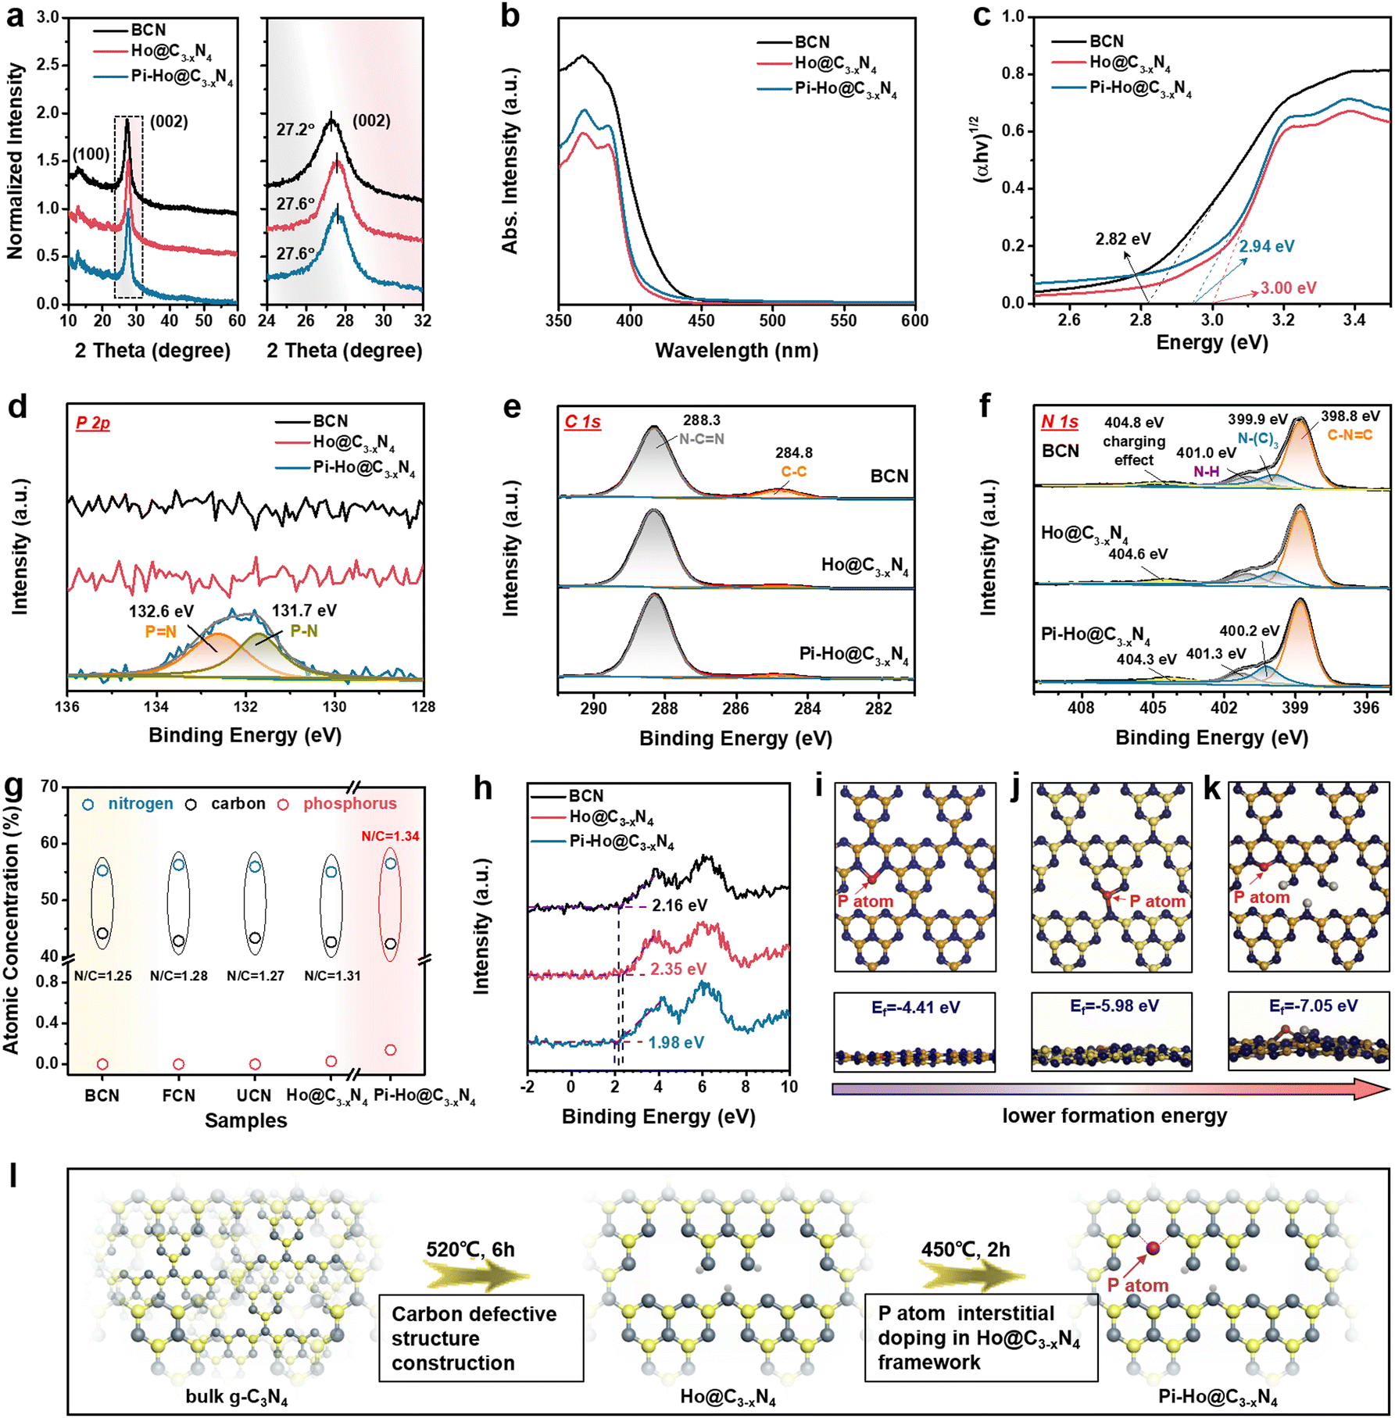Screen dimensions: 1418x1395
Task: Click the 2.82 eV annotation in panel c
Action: [1122, 239]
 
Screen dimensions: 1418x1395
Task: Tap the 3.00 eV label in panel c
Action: [1288, 288]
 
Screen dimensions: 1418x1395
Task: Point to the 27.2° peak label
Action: [295, 130]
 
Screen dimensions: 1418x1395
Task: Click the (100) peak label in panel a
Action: [91, 154]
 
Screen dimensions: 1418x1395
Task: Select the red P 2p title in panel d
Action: [92, 423]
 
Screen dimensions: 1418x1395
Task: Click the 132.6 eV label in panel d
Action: [161, 612]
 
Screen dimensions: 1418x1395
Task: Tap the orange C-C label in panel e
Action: [793, 472]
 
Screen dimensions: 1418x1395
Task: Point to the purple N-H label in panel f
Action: [1206, 472]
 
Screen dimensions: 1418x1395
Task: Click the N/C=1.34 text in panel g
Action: [390, 836]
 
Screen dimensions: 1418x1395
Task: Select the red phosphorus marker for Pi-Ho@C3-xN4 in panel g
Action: [391, 1050]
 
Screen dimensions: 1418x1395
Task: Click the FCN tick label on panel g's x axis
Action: [178, 1095]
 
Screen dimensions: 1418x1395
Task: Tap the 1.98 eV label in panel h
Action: [675, 1042]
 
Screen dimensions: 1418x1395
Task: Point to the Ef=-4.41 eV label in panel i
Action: [915, 1008]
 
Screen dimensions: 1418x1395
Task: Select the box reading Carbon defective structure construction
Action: [481, 1338]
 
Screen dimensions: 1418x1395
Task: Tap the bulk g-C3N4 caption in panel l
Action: [236, 1397]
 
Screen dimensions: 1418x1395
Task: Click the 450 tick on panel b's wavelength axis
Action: [701, 320]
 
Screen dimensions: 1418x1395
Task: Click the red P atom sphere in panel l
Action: [1153, 1248]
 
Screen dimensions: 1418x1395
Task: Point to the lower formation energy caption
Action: [1114, 1116]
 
